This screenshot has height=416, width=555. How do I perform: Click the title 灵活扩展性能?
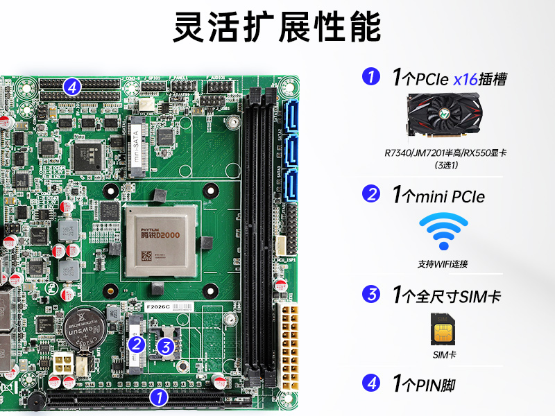277,28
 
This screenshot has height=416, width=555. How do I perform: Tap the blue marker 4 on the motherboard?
72,87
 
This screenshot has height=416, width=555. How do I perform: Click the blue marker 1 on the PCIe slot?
160,397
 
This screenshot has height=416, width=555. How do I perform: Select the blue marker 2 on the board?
137,343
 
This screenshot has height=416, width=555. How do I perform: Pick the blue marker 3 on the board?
165,346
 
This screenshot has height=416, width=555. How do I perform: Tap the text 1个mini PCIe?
438,196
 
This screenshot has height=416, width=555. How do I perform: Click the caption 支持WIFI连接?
443,264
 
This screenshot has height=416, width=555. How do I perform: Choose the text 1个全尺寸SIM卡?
446,296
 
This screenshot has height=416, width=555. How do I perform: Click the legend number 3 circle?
373,295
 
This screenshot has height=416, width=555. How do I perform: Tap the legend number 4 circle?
373,383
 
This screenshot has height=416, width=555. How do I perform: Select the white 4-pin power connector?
62,364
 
